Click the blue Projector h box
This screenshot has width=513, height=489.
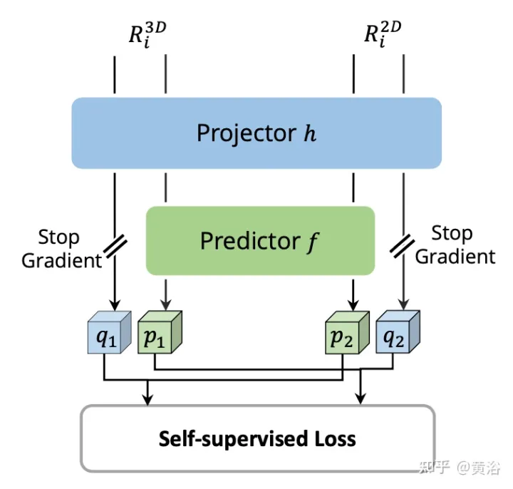[x=256, y=133]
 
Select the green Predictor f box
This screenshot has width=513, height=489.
[x=260, y=241]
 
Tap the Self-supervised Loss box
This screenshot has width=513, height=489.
[x=257, y=438]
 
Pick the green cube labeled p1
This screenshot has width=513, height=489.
[x=157, y=333]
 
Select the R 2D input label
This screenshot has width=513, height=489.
[x=383, y=35]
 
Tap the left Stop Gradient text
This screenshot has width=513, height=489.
[x=61, y=248]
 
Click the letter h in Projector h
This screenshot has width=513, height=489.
[x=309, y=133]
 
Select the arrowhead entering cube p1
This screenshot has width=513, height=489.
[x=166, y=303]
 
